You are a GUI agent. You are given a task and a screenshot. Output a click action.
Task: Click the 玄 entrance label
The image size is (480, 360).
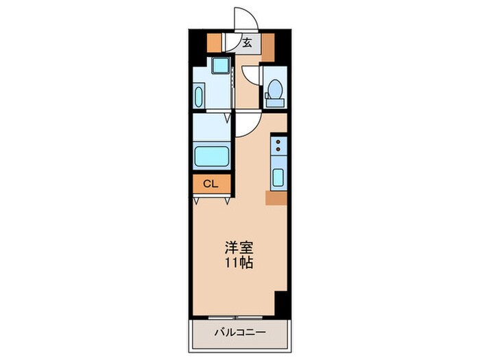coord(247,43)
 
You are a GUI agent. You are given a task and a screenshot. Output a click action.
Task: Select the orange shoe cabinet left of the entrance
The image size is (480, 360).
coord(215,43)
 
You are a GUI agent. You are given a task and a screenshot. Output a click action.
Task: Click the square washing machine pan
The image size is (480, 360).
coord(221,67)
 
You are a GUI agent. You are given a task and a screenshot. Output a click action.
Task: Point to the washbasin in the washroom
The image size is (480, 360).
coord(199,95)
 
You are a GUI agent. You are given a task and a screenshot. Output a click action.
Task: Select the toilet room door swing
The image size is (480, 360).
coord(252,75)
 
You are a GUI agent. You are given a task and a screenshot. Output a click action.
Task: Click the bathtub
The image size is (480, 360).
coord(213,156)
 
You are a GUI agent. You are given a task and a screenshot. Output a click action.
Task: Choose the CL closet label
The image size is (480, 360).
coord(211,184)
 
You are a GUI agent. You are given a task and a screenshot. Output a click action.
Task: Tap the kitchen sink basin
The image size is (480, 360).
coord(278,177)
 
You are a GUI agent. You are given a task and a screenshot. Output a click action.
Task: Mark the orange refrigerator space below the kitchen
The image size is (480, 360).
coord(276,199)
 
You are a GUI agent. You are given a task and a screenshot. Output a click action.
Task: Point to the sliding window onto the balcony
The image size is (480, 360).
coord(236,317)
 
